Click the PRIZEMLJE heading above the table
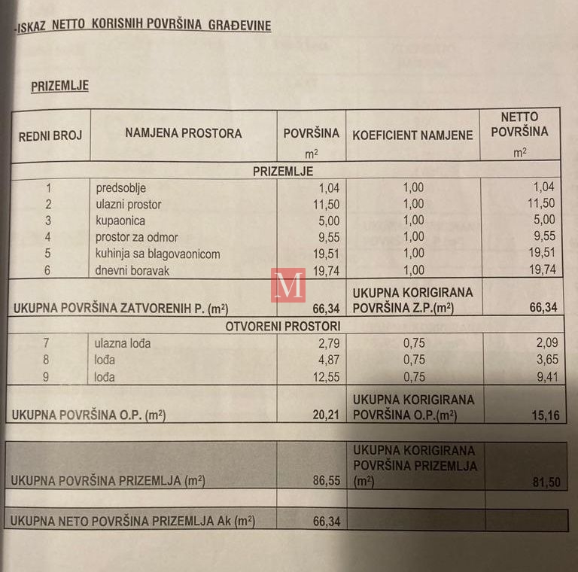pyautogui.click(x=59, y=86)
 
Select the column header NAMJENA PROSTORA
pyautogui.click(x=184, y=133)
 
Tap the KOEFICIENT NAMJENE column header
pyautogui.click(x=412, y=135)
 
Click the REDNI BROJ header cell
pyautogui.click(x=50, y=135)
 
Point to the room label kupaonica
pyautogui.click(x=120, y=221)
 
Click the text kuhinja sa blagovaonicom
pyautogui.click(x=157, y=254)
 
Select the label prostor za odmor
pyautogui.click(x=136, y=237)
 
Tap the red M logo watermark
pyautogui.click(x=288, y=285)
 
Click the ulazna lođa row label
pyautogui.click(x=123, y=343)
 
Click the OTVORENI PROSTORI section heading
pyautogui.click(x=282, y=326)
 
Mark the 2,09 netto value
pyautogui.click(x=543, y=344)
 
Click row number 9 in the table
pyautogui.click(x=47, y=377)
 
